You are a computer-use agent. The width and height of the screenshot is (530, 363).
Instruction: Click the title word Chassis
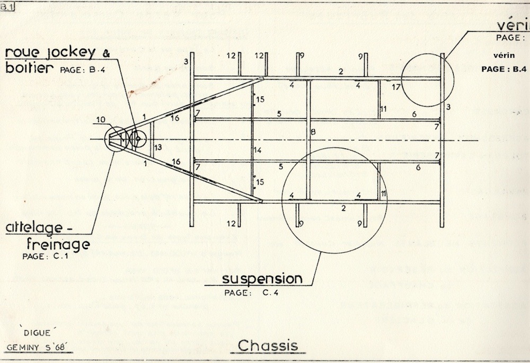click(x=268, y=345)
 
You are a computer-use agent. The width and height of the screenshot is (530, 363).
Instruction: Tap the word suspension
click(x=262, y=278)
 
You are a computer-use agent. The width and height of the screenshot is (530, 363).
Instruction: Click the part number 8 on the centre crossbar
click(x=313, y=131)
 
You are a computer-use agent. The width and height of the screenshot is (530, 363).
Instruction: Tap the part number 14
click(x=258, y=150)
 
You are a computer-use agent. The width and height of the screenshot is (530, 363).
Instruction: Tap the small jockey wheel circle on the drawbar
click(x=137, y=139)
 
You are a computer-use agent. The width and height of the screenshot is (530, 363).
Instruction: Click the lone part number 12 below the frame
click(x=231, y=223)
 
